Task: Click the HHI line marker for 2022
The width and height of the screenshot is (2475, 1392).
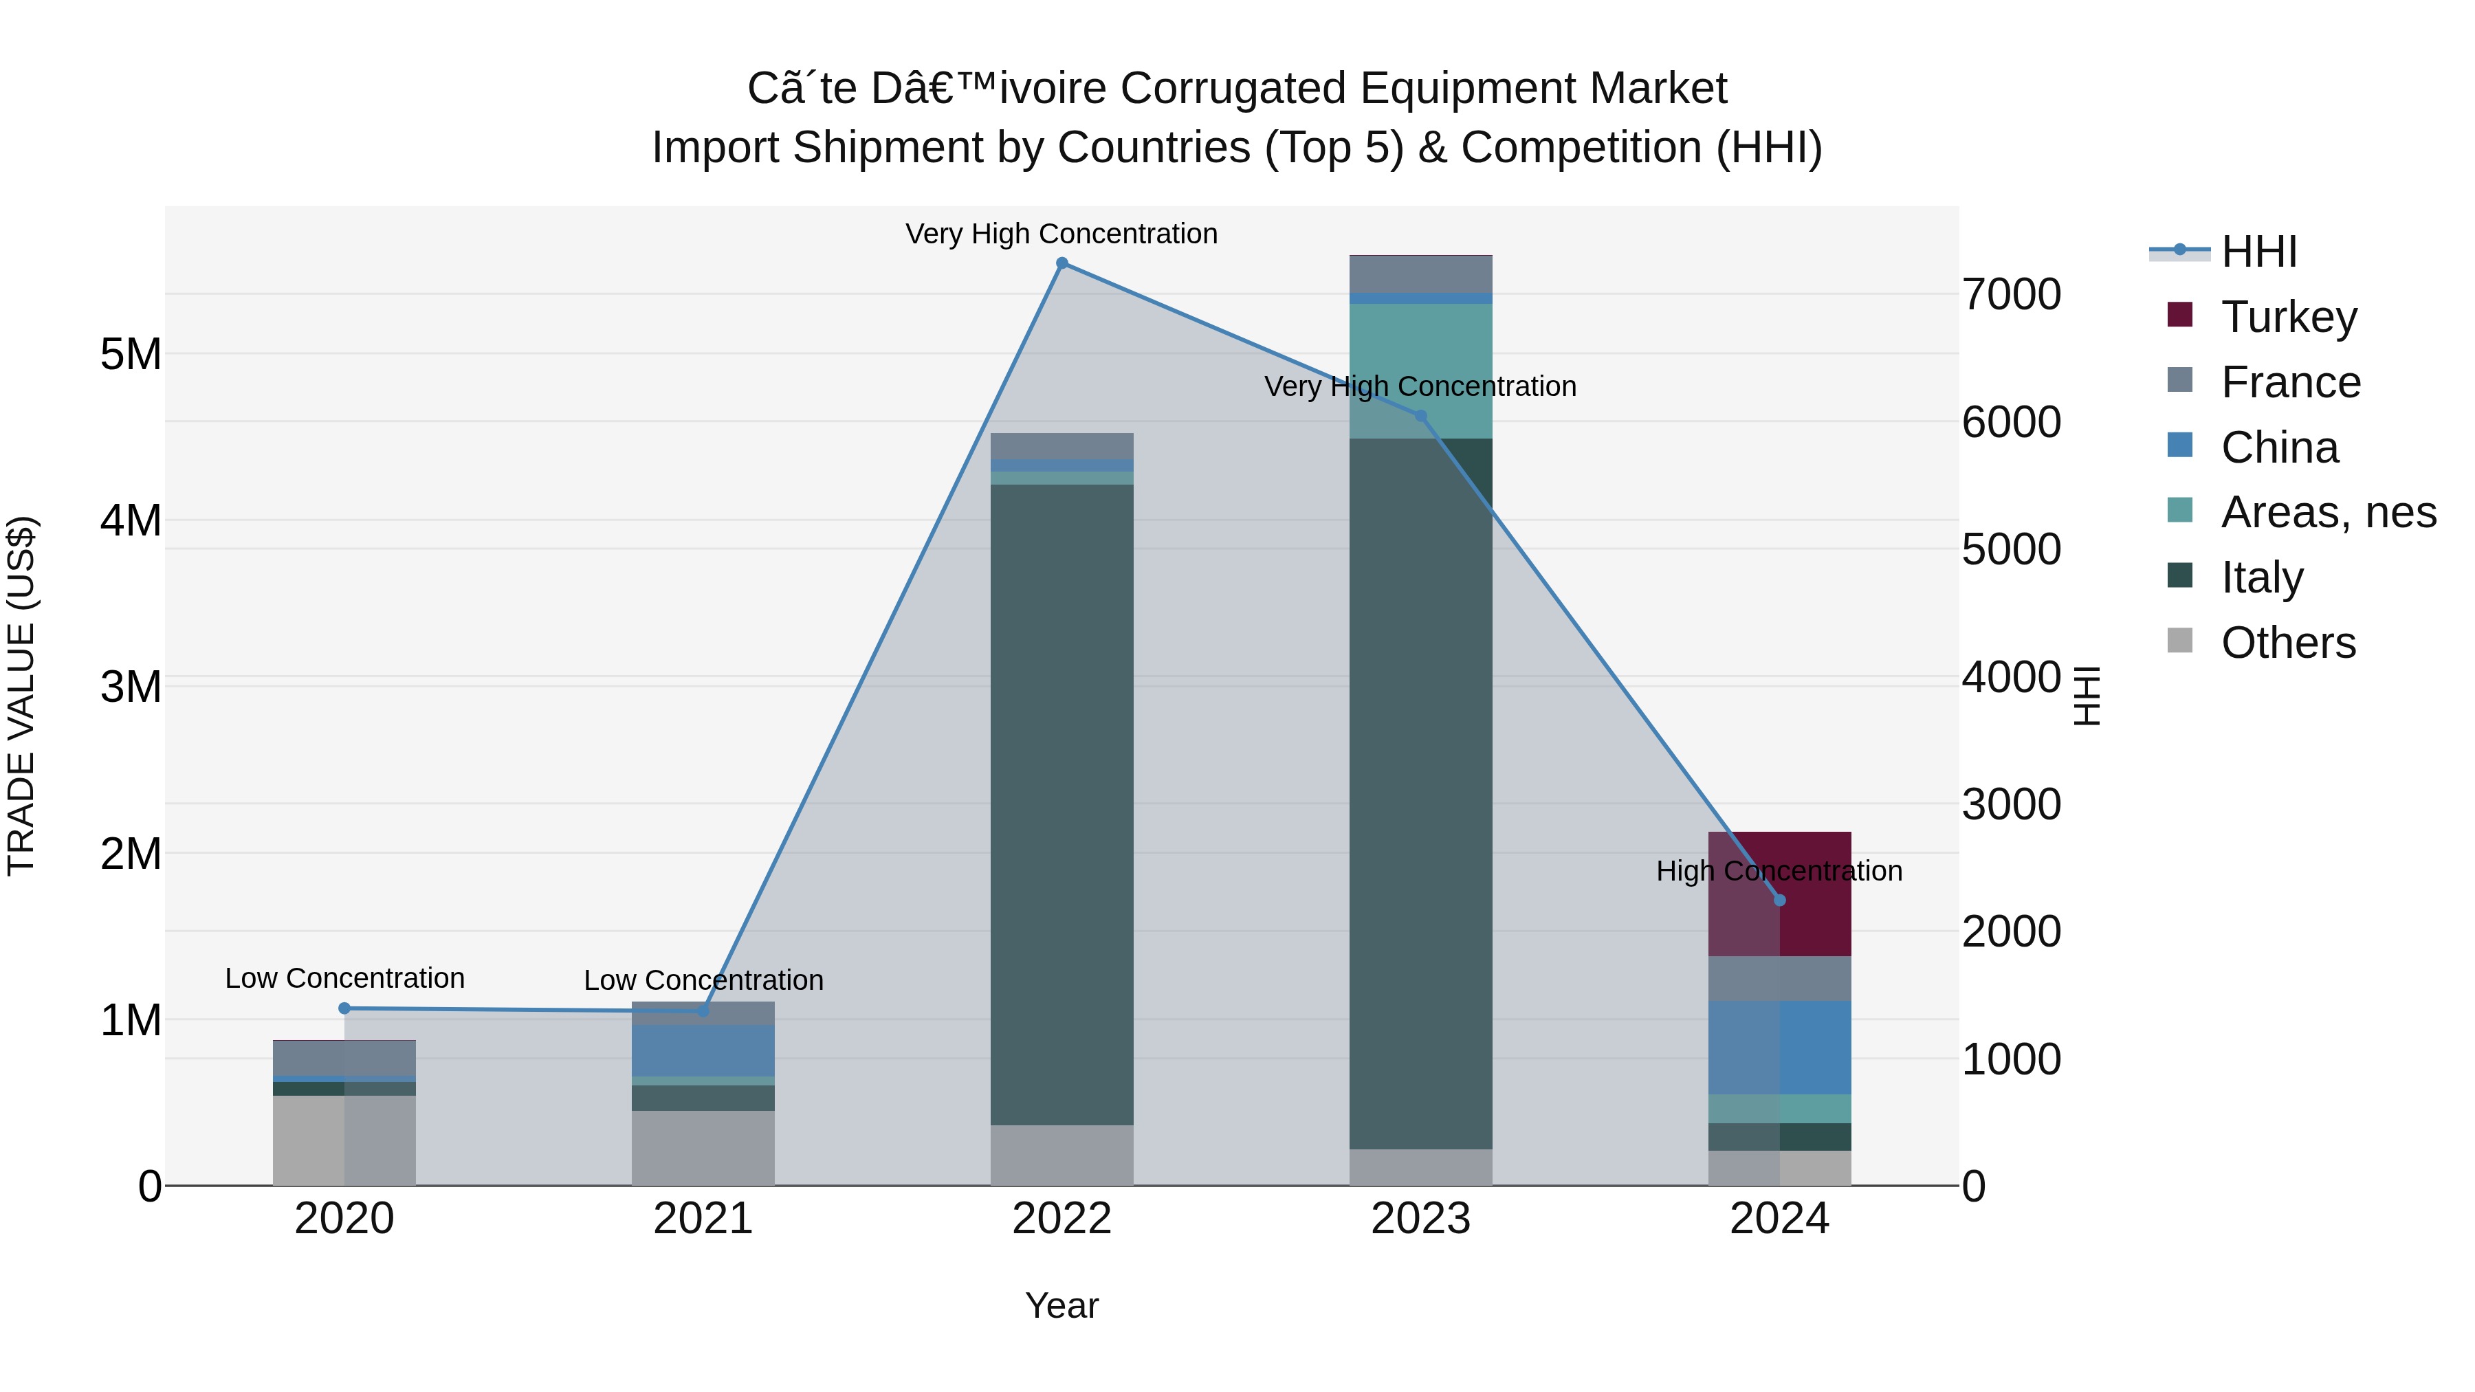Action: click(1061, 263)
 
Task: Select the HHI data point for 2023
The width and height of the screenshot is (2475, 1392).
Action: click(1421, 416)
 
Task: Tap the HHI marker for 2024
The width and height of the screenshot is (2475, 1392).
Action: click(1779, 900)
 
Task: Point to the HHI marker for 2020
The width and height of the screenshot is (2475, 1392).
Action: click(345, 1008)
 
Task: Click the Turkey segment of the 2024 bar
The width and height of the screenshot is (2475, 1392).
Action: click(1779, 894)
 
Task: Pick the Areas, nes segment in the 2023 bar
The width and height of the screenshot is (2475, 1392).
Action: click(1421, 371)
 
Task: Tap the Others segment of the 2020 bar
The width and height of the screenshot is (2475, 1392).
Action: click(345, 1140)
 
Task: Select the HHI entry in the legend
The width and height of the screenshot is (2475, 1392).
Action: click(2258, 252)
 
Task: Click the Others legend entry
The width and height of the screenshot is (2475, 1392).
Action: click(2287, 643)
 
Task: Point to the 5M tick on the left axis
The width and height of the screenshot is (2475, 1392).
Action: click(131, 355)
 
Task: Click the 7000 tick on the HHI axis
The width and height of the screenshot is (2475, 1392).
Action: click(2011, 294)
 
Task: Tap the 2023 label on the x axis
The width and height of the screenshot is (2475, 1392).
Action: click(1421, 1219)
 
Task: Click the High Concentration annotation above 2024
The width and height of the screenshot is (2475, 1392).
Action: click(1779, 872)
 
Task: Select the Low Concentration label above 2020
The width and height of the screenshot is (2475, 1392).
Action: click(345, 978)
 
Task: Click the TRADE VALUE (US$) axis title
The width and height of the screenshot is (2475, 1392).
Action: click(22, 696)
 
